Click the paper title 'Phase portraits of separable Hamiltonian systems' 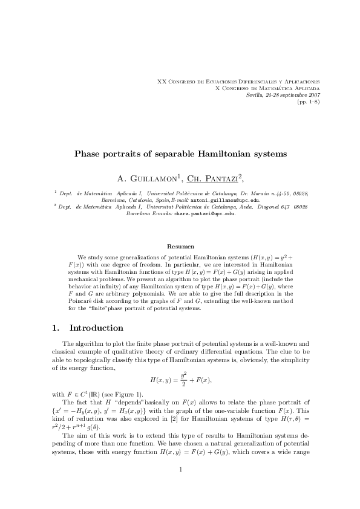(180, 154)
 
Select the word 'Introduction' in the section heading (97, 328)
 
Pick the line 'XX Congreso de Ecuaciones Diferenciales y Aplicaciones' (238, 81)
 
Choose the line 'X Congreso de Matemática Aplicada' (268, 88)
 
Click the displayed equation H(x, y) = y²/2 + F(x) (180, 379)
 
